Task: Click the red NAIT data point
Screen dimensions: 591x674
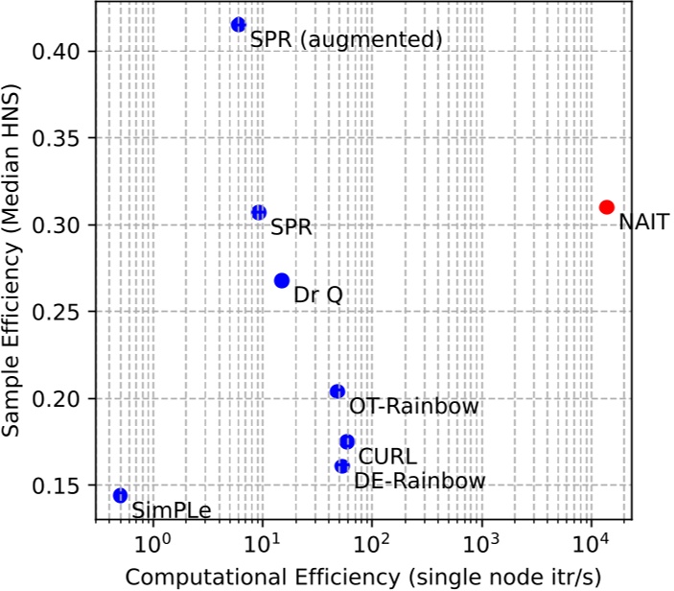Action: tap(606, 207)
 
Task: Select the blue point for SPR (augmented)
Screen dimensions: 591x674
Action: tap(239, 25)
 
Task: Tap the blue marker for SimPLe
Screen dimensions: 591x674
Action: tap(120, 495)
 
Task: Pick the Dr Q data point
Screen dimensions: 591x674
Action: tap(282, 280)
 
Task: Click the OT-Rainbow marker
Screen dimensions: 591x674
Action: tap(337, 391)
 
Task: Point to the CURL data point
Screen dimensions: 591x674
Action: tap(347, 441)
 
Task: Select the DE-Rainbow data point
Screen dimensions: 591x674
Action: tap(342, 465)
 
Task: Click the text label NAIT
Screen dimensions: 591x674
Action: tap(643, 223)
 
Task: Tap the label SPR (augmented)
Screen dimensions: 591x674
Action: tap(345, 40)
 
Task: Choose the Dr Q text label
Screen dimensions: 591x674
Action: tap(317, 295)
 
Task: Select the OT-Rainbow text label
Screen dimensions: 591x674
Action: tap(413, 407)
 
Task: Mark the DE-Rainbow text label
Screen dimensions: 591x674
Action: tap(420, 481)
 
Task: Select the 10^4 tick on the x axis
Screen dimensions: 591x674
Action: tap(592, 542)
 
